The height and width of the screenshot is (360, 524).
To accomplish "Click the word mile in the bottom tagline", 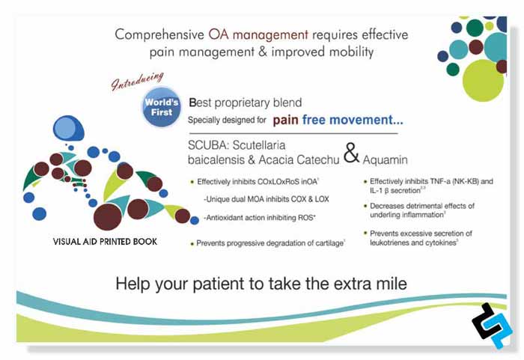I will click(x=388, y=284).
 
